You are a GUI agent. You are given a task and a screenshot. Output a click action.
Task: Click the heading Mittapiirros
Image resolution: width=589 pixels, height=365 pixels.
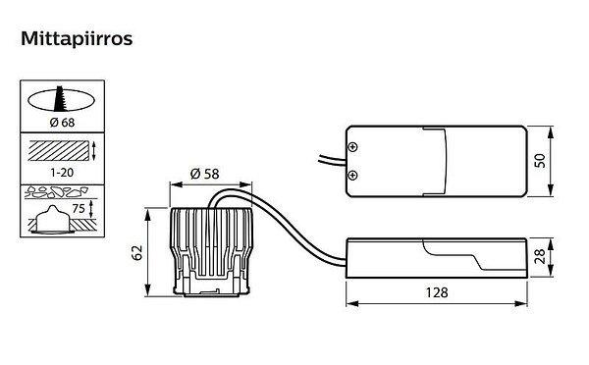[x=77, y=38]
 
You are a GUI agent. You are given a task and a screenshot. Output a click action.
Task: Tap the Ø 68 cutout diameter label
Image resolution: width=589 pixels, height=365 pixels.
[x=62, y=123]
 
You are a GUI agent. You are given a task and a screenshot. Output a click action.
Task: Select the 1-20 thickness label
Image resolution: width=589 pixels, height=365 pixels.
[x=62, y=173]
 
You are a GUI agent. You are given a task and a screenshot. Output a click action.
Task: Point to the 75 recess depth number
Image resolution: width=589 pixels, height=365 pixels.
[x=79, y=208]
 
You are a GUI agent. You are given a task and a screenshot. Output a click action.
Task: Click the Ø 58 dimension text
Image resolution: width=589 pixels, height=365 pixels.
[x=205, y=174]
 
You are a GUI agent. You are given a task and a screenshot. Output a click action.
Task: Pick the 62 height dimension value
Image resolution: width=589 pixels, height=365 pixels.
[x=137, y=252]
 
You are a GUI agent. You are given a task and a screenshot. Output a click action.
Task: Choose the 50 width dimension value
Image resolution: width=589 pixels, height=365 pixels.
[x=540, y=161]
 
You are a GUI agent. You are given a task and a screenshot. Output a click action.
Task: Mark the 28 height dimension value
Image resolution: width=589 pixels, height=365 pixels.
[x=539, y=257]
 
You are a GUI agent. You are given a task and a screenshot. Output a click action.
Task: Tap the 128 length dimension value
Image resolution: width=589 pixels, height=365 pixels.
[x=437, y=292]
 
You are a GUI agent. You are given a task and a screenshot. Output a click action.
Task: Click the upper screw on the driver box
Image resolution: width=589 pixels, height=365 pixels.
[x=352, y=147]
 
